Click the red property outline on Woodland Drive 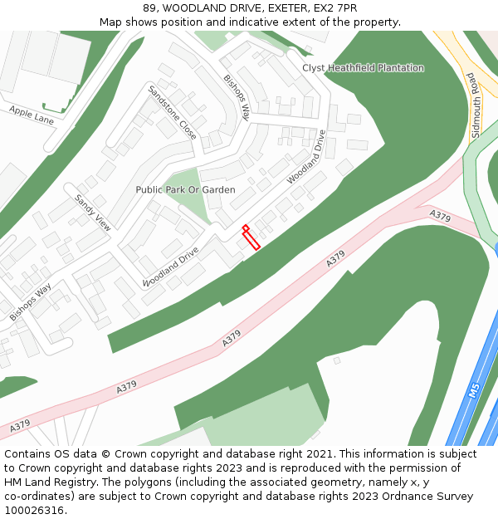pos(251,237)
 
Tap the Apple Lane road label pos(32,114)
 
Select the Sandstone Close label pos(173,112)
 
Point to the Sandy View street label pos(93,212)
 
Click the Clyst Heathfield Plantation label pos(363,68)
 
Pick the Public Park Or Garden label pos(185,190)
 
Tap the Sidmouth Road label pos(476,105)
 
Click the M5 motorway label pos(474,390)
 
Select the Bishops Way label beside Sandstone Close pos(237,98)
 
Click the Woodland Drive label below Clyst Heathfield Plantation pos(306,157)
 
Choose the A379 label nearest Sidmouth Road pos(440,217)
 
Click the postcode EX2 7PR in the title pos(337,8)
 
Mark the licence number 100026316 pos(33,511)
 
